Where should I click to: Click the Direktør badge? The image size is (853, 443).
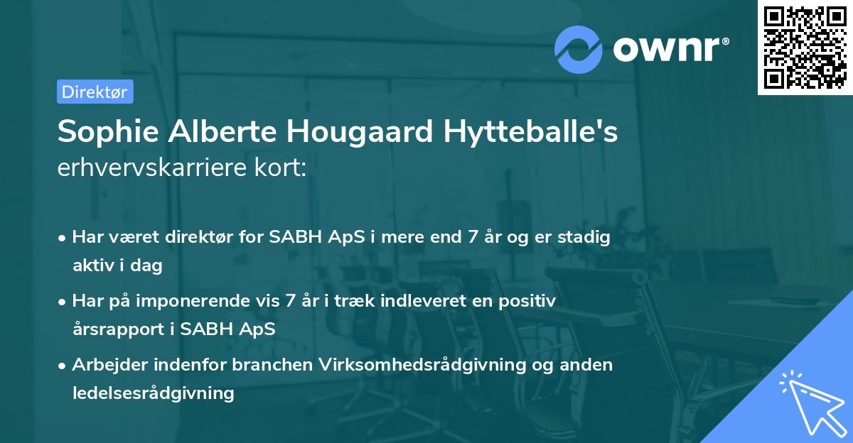pyautogui.click(x=95, y=92)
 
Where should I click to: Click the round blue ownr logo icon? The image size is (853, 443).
pyautogui.click(x=579, y=48)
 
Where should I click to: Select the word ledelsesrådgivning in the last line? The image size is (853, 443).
pyautogui.click(x=153, y=393)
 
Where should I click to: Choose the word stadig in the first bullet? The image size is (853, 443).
pyautogui.click(x=586, y=238)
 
